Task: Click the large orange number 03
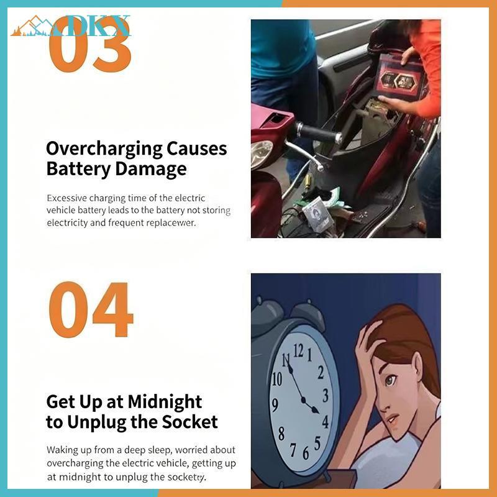pyautogui.click(x=90, y=44)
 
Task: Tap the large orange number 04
pyautogui.click(x=91, y=309)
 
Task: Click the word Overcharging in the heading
pyautogui.click(x=104, y=149)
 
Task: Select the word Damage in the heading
pyautogui.click(x=151, y=168)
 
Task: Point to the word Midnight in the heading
pyautogui.click(x=165, y=403)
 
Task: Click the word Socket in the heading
pyautogui.click(x=190, y=422)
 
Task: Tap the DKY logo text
pyautogui.click(x=92, y=25)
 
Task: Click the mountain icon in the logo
pyautogui.click(x=32, y=26)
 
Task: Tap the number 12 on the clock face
pyautogui.click(x=299, y=351)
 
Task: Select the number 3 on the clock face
pyautogui.click(x=326, y=395)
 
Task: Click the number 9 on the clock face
pyautogui.click(x=275, y=405)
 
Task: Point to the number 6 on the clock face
pyautogui.click(x=306, y=453)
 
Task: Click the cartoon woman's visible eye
pyautogui.click(x=391, y=380)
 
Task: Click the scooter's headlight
pyautogui.click(x=261, y=154)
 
